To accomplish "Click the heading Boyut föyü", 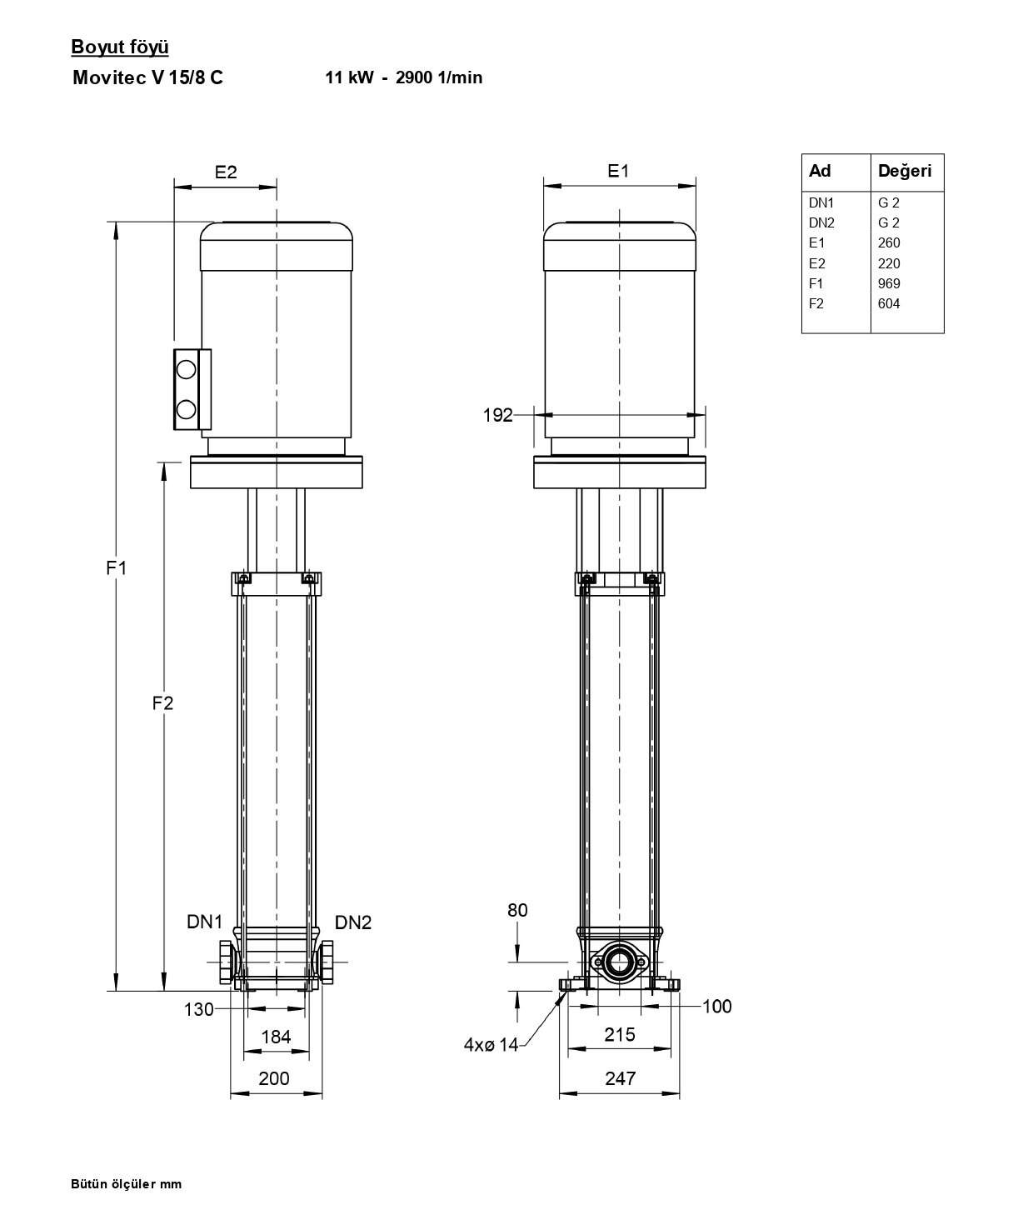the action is pyautogui.click(x=120, y=47).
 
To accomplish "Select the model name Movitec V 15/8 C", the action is pyautogui.click(x=147, y=77).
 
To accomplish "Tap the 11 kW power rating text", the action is pyautogui.click(x=349, y=77).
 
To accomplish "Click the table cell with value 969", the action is pyautogui.click(x=888, y=283).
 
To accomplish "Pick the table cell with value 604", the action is pyautogui.click(x=888, y=303).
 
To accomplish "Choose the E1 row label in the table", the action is pyautogui.click(x=816, y=242).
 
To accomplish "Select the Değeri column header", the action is pyautogui.click(x=904, y=171).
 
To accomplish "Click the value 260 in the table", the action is pyautogui.click(x=888, y=242).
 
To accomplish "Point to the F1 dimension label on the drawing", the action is pyautogui.click(x=117, y=567).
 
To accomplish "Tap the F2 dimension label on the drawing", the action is pyautogui.click(x=162, y=702).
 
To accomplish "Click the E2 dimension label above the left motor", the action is pyautogui.click(x=226, y=172).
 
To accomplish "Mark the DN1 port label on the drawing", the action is pyautogui.click(x=204, y=922).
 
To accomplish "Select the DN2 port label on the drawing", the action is pyautogui.click(x=353, y=922).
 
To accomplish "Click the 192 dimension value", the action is pyautogui.click(x=497, y=415).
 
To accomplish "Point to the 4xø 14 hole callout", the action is pyautogui.click(x=491, y=1044).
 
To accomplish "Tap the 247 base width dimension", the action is pyautogui.click(x=620, y=1077).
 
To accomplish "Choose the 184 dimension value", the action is pyautogui.click(x=276, y=1037).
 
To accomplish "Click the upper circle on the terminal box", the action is pyautogui.click(x=186, y=370).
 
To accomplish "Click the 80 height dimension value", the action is pyautogui.click(x=517, y=910).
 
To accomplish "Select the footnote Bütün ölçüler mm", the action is pyautogui.click(x=127, y=1183).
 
